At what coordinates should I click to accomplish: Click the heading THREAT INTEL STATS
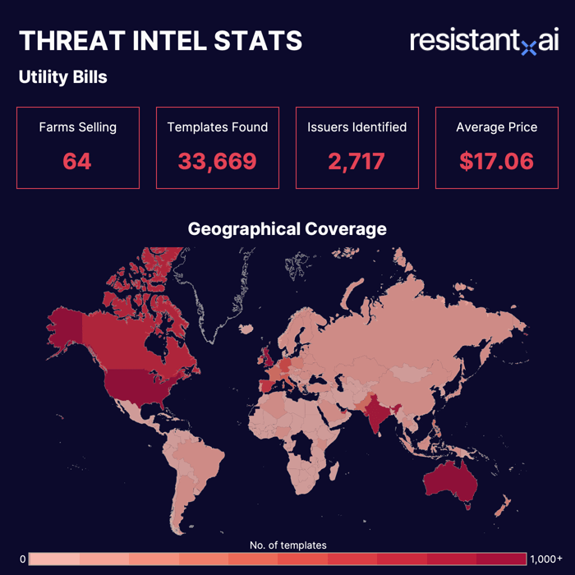coord(160,41)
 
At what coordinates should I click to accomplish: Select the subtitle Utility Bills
coord(62,78)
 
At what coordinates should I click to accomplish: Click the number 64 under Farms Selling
coord(77,161)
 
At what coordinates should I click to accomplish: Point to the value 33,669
coord(217,161)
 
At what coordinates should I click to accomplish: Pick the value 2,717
coord(356,161)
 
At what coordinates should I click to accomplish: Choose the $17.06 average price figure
coord(496,161)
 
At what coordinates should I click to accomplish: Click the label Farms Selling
coord(77,127)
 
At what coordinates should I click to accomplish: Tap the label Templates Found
coord(217,127)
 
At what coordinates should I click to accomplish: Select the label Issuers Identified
coord(356,127)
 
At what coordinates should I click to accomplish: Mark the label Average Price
coord(496,127)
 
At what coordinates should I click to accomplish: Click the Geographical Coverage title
coord(287,228)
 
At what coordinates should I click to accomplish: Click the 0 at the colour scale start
coord(23,559)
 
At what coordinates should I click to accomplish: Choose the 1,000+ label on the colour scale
coord(546,559)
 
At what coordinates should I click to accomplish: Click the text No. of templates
coord(287,545)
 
